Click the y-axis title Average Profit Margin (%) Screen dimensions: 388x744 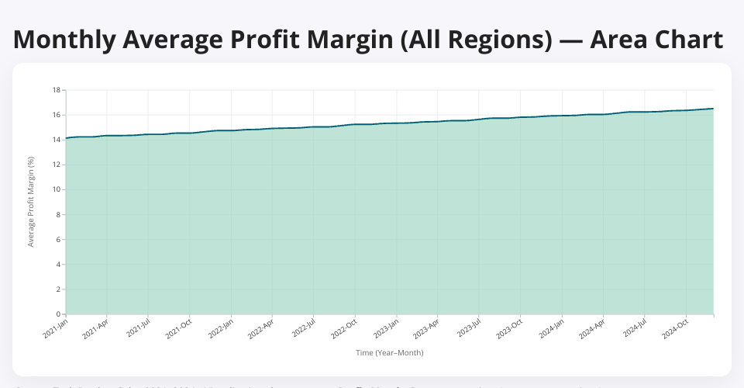(31, 202)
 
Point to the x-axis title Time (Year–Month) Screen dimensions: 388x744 (390, 352)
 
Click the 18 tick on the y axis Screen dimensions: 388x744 (57, 90)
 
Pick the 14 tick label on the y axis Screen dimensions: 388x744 (57, 140)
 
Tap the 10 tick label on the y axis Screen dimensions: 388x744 (57, 189)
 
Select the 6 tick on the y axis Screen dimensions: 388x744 (58, 239)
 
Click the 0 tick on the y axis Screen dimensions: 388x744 (58, 314)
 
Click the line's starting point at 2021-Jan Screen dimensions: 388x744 (66, 138)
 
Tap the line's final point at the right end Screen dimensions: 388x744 (713, 109)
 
